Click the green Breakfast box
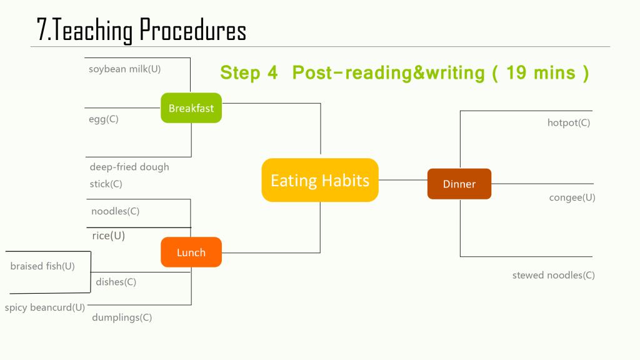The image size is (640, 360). (191, 107)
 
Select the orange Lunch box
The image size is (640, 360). (191, 252)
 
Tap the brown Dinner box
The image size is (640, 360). (459, 184)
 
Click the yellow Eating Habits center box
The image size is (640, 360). (320, 180)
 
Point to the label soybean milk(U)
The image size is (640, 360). (124, 69)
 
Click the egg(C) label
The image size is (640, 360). (104, 119)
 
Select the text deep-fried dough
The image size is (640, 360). (129, 166)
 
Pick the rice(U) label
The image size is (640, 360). (109, 236)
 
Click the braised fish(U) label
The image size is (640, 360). (42, 266)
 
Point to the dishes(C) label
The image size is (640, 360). (116, 282)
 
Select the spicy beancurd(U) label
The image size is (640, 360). (45, 307)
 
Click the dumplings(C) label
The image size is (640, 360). (122, 317)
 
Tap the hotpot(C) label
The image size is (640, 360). (569, 122)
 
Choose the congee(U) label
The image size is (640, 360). (572, 197)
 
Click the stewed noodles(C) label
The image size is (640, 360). (554, 275)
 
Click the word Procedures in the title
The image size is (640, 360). (192, 30)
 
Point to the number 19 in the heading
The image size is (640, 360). (516, 72)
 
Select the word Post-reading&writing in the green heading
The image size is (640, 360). (389, 72)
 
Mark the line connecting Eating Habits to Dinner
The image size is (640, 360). (403, 180)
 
